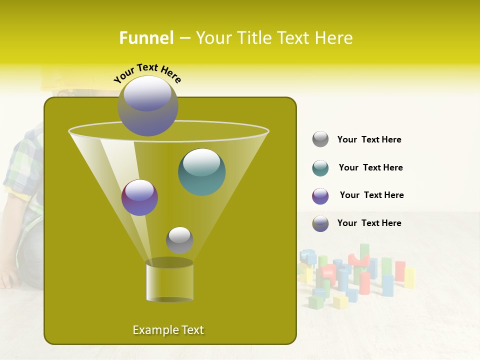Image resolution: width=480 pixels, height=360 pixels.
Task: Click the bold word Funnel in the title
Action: (x=146, y=38)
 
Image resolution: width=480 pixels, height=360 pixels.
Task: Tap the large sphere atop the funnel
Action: (x=147, y=106)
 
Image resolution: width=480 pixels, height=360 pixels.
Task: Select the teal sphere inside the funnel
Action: (x=201, y=171)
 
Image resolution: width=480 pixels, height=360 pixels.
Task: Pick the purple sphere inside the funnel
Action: (x=139, y=197)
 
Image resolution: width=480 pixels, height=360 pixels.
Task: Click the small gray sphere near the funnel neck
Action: (x=179, y=240)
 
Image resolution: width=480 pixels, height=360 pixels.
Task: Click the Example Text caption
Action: (x=168, y=330)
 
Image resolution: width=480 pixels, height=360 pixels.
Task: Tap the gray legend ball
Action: (x=320, y=139)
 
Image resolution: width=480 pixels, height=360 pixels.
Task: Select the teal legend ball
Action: (x=320, y=168)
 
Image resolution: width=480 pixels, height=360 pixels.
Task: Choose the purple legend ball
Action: (x=320, y=196)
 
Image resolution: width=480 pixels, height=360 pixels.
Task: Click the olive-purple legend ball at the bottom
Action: (x=320, y=223)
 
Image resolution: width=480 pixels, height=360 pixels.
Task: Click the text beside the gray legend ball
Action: (x=369, y=139)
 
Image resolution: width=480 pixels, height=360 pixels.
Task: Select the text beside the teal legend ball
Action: (x=370, y=167)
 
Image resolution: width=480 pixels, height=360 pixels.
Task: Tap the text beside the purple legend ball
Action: (x=371, y=195)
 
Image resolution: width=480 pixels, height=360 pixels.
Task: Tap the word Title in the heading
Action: (x=252, y=38)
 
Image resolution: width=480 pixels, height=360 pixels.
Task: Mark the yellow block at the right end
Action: (x=409, y=278)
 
